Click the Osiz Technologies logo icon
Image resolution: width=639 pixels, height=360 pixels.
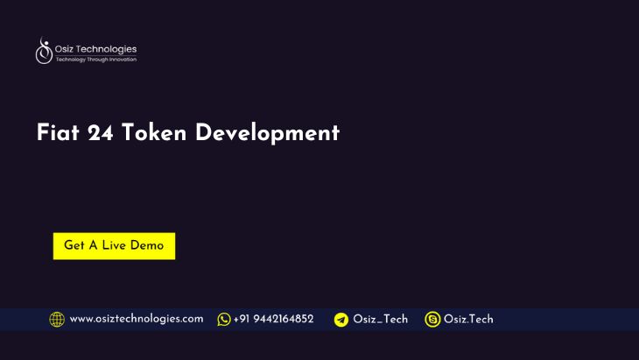pyautogui.click(x=44, y=53)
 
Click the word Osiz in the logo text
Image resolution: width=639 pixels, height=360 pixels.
pyautogui.click(x=66, y=49)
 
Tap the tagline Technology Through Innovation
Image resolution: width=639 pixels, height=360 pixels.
pyautogui.click(x=95, y=60)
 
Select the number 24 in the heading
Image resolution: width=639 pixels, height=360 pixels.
pyautogui.click(x=101, y=133)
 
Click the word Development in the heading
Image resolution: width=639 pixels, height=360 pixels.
pyautogui.click(x=267, y=133)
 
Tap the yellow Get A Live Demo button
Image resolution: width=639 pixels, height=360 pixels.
pyautogui.click(x=114, y=246)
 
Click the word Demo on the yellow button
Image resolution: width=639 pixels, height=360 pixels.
pyautogui.click(x=147, y=246)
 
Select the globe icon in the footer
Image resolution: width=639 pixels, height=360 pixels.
pyautogui.click(x=57, y=320)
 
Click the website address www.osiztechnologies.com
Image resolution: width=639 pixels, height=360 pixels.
pyautogui.click(x=137, y=320)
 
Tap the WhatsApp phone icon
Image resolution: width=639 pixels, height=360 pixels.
pyautogui.click(x=224, y=320)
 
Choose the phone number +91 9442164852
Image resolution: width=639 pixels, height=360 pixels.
pyautogui.click(x=273, y=320)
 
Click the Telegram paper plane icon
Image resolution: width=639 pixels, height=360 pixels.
pyautogui.click(x=341, y=320)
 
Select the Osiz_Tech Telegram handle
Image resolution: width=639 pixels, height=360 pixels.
pyautogui.click(x=381, y=320)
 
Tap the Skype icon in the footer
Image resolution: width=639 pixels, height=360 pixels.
pyautogui.click(x=432, y=320)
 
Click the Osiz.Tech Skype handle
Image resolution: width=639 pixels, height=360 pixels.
pyautogui.click(x=468, y=320)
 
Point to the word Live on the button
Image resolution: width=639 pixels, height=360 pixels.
pyautogui.click(x=114, y=246)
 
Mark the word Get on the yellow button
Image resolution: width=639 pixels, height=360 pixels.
pyautogui.click(x=74, y=246)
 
